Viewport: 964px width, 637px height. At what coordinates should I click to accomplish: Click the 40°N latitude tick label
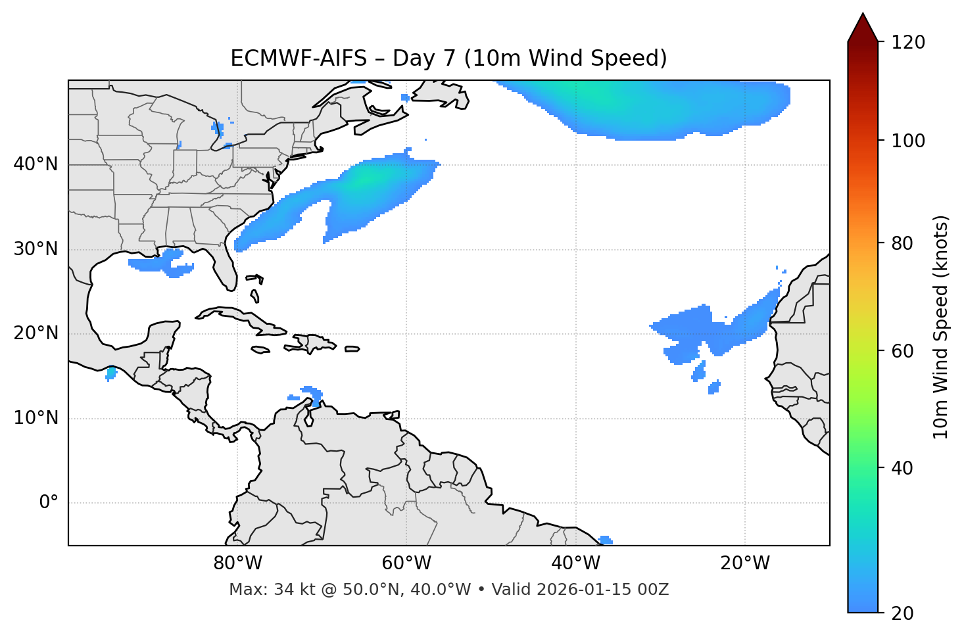tap(36, 164)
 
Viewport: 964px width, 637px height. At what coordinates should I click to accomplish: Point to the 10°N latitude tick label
tap(36, 418)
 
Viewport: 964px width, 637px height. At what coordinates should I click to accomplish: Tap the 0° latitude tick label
tap(48, 503)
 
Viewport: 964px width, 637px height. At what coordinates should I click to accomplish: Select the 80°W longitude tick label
tap(237, 563)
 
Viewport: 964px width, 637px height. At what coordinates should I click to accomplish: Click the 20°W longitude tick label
tap(745, 563)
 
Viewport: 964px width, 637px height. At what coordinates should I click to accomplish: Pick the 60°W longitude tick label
tap(406, 563)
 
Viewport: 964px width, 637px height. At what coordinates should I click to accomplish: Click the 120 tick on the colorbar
tap(908, 43)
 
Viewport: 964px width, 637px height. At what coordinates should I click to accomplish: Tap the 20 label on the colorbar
tap(903, 613)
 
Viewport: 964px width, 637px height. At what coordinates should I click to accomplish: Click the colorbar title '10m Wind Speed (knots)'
tap(941, 327)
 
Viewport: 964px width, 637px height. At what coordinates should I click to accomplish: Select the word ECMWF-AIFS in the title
tap(299, 59)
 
